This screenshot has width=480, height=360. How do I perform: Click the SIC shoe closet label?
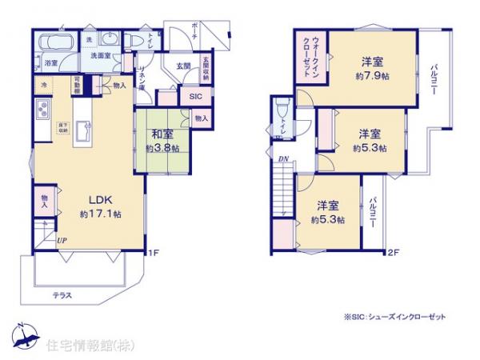point(196,97)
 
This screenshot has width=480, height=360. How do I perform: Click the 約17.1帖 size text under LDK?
point(101,214)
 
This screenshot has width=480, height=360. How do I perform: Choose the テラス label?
point(62,294)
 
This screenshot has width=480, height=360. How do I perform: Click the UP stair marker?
point(62,239)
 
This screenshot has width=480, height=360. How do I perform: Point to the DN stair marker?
point(282,158)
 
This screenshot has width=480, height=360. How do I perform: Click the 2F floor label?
point(393,254)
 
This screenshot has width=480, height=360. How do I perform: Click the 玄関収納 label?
point(206,66)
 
